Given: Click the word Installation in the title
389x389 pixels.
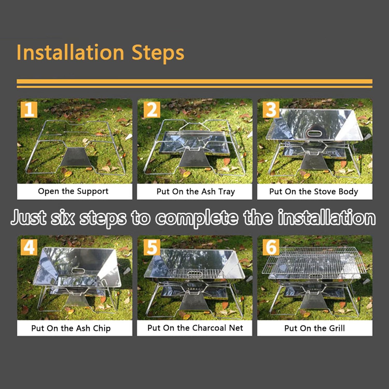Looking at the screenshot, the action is pyautogui.click(x=70, y=52).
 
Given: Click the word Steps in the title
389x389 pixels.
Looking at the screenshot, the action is pyautogui.click(x=158, y=53).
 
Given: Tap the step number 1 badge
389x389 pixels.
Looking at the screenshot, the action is pyautogui.click(x=29, y=109).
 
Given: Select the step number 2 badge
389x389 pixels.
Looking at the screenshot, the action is pyautogui.click(x=152, y=109).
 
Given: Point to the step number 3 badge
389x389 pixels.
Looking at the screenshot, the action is pyautogui.click(x=271, y=109).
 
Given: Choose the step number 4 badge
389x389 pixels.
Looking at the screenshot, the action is pyautogui.click(x=29, y=247).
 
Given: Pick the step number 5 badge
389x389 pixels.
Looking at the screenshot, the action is pyautogui.click(x=152, y=247).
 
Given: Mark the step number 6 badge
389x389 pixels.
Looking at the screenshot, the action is pyautogui.click(x=271, y=247).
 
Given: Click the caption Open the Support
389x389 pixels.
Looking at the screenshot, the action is pyautogui.click(x=73, y=191).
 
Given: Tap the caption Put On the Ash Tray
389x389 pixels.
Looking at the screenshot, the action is pyautogui.click(x=196, y=192).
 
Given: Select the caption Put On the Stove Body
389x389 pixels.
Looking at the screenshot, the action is pyautogui.click(x=314, y=192).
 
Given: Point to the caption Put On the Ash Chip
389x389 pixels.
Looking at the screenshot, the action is pyautogui.click(x=71, y=328).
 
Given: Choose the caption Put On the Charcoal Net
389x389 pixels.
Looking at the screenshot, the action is pyautogui.click(x=195, y=328).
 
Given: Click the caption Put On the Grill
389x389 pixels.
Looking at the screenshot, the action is pyautogui.click(x=315, y=328).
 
